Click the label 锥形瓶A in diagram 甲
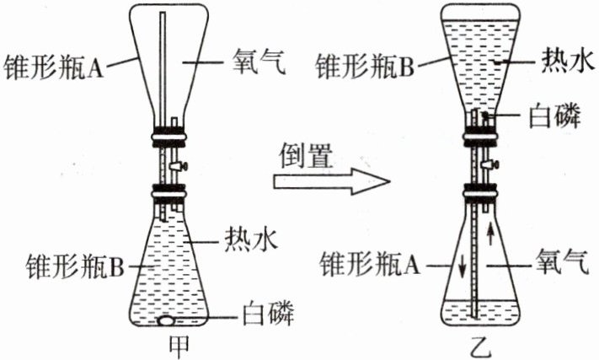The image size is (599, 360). [x=52, y=66]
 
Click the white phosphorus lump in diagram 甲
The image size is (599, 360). [x=166, y=320]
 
